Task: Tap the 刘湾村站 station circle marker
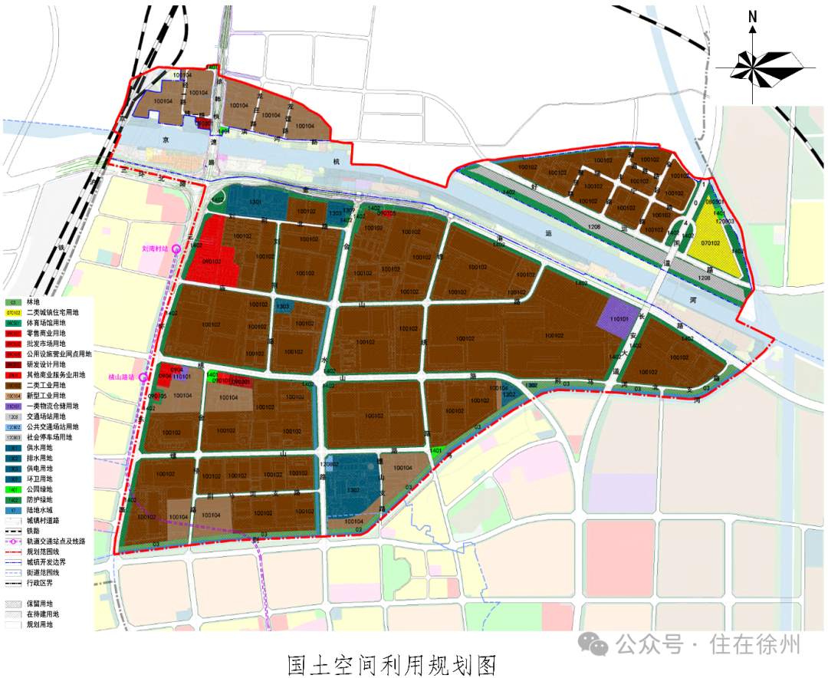pyautogui.click(x=176, y=248)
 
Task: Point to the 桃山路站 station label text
pyautogui.click(x=120, y=377)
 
